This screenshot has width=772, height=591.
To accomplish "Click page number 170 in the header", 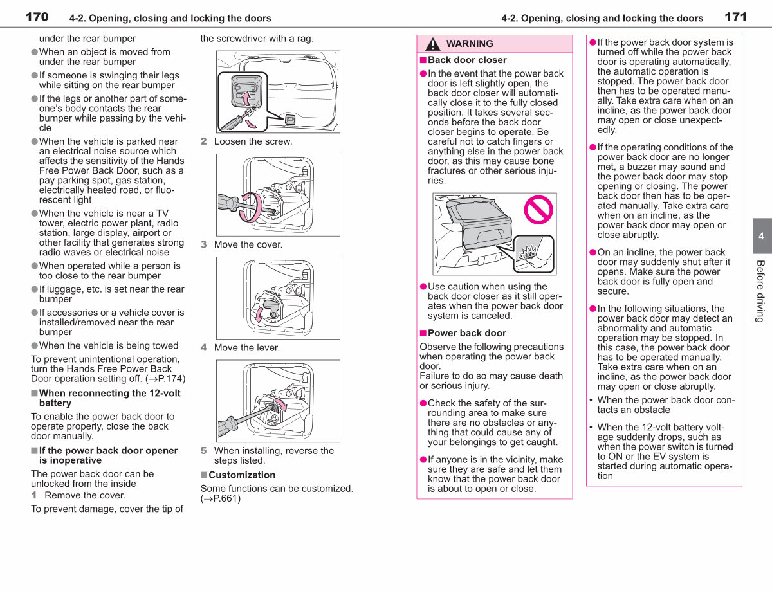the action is pos(37,17).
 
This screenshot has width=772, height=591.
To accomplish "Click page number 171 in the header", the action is pos(735,17).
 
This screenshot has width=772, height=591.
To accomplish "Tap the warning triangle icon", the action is pos(433,44).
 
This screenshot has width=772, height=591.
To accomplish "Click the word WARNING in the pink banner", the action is pos(470,44).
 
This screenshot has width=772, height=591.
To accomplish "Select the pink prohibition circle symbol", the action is pos(538,210).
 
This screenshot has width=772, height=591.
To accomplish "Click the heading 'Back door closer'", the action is pos(467,60).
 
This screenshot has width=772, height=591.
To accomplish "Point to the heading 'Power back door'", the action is pos(467,333).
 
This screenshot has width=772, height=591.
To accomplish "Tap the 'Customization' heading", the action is pos(242,475).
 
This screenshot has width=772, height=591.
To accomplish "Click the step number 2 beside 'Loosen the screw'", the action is pos(203,141).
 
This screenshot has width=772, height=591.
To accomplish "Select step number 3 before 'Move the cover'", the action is pos(203,244).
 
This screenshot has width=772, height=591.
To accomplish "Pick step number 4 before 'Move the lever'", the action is pos(203,347).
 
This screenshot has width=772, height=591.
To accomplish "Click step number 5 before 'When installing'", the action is pos(203,450).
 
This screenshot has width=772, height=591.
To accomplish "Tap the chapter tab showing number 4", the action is pos(762,236).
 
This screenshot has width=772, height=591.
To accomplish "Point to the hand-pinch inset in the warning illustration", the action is pos(533,254).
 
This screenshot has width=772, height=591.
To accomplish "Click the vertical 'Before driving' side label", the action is pos(760,291).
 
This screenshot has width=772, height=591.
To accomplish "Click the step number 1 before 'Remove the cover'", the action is pos(34,495).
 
